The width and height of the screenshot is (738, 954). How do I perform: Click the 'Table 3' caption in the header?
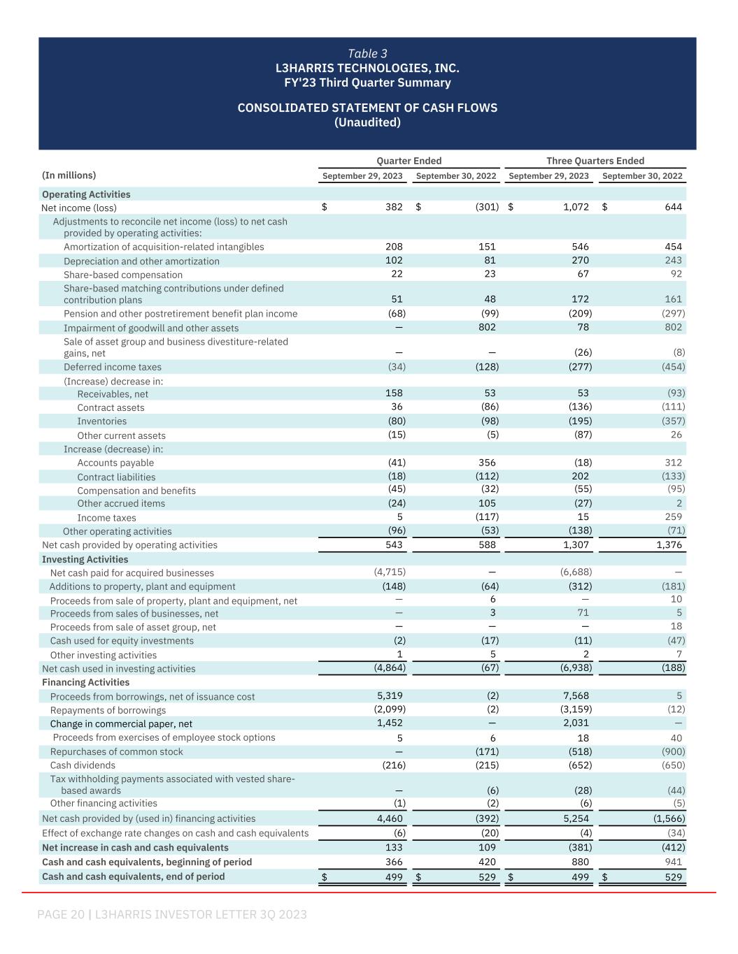pos(367,54)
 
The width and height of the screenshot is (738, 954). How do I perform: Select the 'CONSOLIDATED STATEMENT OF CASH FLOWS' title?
pos(367,108)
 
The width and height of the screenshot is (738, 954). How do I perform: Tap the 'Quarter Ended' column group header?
pos(409,161)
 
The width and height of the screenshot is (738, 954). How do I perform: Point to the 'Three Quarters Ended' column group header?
pos(595,161)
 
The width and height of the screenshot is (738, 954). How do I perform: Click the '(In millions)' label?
pos(69,175)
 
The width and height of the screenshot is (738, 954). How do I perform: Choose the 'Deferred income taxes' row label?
pos(113,367)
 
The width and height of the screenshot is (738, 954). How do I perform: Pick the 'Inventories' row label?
pos(102,421)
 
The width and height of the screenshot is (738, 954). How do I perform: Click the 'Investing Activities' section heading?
pos(85,559)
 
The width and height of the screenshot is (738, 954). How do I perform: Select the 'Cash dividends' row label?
pos(83,765)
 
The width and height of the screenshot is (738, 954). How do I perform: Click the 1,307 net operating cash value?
pos(576,544)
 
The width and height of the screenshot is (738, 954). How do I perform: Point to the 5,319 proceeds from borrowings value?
pos(390,696)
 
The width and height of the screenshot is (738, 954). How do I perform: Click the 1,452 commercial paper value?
pos(390,723)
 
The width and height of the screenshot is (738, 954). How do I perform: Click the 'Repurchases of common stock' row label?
pos(116,751)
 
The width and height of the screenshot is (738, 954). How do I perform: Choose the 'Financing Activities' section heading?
pos(86,682)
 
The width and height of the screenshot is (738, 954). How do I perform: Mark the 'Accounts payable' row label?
pos(115,463)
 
